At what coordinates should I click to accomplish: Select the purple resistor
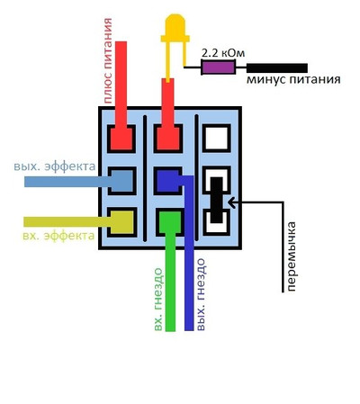tap(218, 67)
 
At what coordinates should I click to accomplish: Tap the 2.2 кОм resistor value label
tap(223, 53)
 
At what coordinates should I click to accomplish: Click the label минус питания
tap(293, 80)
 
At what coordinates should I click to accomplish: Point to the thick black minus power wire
tap(277, 68)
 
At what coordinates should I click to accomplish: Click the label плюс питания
tap(108, 61)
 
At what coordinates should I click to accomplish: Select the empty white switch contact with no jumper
tap(217, 138)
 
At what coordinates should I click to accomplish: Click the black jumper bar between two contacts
tap(216, 200)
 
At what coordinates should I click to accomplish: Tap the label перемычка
tap(291, 256)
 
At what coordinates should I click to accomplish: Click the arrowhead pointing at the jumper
tap(231, 202)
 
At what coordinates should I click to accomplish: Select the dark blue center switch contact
tap(168, 181)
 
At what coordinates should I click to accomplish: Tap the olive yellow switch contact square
tap(121, 222)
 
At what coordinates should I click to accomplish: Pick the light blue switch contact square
tap(121, 181)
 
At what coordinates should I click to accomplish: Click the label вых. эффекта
tap(55, 166)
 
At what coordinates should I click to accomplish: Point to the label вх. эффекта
tap(58, 236)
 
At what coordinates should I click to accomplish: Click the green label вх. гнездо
tap(158, 300)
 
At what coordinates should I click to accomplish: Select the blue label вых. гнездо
tap(201, 294)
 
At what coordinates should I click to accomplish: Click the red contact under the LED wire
tap(168, 139)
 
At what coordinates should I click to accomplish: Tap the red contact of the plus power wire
tap(121, 139)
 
